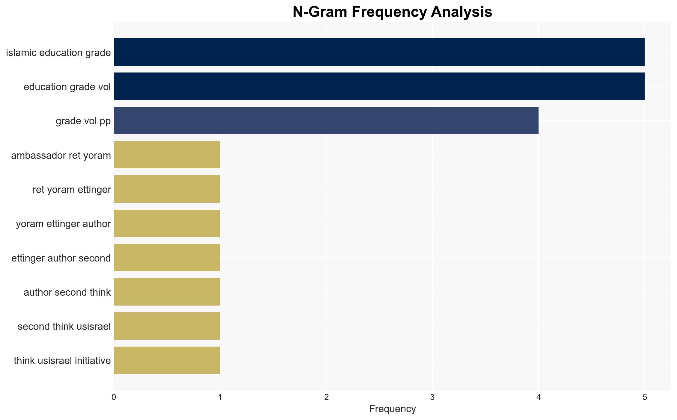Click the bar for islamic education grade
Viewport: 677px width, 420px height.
tap(379, 52)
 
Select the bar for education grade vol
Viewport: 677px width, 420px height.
tap(379, 86)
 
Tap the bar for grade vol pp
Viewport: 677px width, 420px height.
tap(326, 120)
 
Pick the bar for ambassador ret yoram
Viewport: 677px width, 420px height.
tap(167, 155)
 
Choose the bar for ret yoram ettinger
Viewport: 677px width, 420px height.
tap(167, 189)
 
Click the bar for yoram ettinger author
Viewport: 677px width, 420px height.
tap(167, 223)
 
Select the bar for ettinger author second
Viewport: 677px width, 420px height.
tap(167, 258)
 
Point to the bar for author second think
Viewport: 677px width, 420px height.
tap(167, 292)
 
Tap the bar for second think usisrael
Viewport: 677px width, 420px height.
tap(167, 326)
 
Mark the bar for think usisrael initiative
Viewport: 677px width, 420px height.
tap(167, 360)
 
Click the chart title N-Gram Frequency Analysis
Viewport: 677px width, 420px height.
tap(392, 12)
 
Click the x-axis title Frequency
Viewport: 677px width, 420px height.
tap(392, 409)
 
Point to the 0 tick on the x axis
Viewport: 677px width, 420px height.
tap(114, 397)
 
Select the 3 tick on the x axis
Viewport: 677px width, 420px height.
tap(432, 397)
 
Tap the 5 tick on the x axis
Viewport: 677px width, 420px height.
tap(645, 397)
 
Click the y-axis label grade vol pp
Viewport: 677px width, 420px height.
tap(83, 121)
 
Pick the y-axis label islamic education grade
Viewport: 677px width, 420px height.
tap(58, 53)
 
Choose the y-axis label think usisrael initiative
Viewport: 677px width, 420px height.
tap(62, 361)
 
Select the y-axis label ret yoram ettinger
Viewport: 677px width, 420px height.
tap(72, 190)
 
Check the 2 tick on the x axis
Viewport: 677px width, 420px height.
tap(326, 397)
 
